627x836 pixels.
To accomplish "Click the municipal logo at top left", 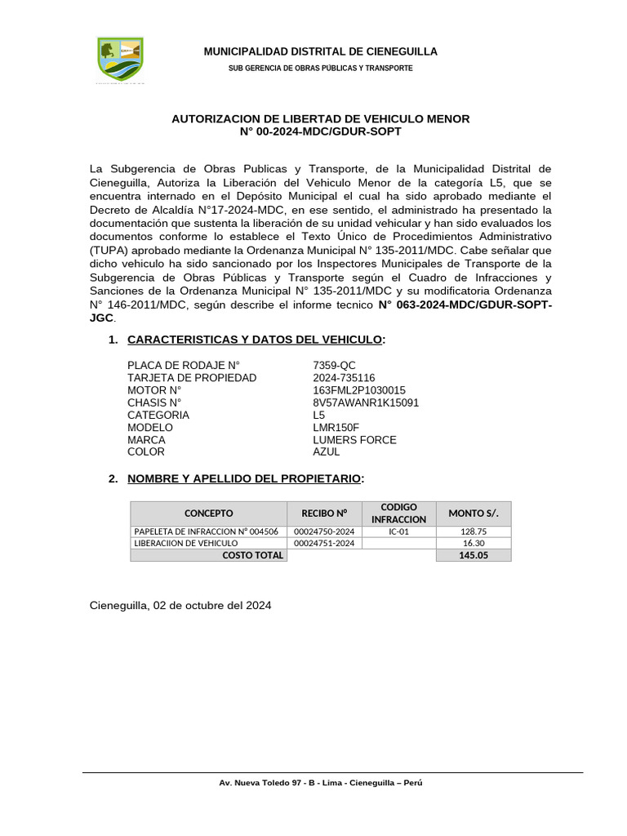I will pos(120,59).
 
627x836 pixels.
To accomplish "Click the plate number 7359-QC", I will pos(334,365).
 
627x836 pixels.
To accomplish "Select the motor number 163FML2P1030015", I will pos(359,390).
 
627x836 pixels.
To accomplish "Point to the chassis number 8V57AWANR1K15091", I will pos(366,402).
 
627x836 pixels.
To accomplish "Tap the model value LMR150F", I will pos(336,427).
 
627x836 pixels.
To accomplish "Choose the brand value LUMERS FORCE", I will pos(354,439).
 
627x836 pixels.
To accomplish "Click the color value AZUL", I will pos(326,451).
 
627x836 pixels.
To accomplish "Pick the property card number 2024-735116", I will pos(344,377).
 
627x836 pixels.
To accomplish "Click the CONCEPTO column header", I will pos(208,514).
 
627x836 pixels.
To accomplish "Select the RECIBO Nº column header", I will pos(324,514).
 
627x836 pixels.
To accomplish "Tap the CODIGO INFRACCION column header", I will pos(398,514).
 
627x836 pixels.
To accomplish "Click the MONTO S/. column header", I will pos(474,514).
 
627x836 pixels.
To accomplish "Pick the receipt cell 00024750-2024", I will pos(324,531).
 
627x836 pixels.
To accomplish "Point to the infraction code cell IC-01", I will pos(398,531).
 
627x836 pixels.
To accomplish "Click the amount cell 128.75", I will pos(474,531).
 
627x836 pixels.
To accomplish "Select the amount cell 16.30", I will pos(474,543).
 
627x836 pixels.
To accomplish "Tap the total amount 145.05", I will pos(474,555).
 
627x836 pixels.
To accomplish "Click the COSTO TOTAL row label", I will pos(253,555).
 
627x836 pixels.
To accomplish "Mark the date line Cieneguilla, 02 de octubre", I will pos(180,606).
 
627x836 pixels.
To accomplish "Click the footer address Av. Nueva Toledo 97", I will pos(321,782).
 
